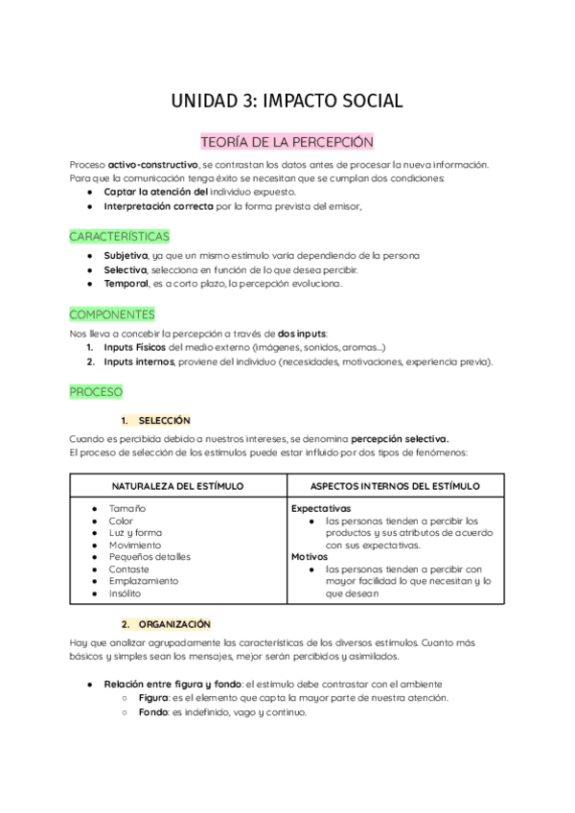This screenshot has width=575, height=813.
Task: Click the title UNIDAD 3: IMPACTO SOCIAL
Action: click(287, 101)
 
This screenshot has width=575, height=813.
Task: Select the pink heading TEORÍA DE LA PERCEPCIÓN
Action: click(287, 142)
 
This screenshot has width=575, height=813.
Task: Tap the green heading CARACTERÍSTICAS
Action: click(120, 235)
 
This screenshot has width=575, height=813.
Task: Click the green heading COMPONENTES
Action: click(112, 314)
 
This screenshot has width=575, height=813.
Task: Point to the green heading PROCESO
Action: click(96, 392)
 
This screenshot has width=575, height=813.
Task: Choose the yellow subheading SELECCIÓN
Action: click(164, 420)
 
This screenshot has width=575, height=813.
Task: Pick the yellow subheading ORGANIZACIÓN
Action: click(172, 623)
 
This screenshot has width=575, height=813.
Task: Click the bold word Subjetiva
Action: click(126, 256)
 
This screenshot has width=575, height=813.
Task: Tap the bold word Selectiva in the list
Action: click(125, 269)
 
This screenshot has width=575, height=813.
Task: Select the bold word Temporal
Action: click(126, 284)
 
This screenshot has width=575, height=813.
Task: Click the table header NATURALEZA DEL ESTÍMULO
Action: click(177, 486)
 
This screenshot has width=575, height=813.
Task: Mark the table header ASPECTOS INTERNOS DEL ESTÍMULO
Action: click(396, 486)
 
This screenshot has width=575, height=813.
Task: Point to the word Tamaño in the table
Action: click(127, 508)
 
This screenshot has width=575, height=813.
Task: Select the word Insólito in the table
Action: click(126, 593)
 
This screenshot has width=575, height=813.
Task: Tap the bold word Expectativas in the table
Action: click(321, 508)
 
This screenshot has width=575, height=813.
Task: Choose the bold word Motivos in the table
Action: click(310, 556)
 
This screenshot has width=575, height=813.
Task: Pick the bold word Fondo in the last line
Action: click(154, 712)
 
